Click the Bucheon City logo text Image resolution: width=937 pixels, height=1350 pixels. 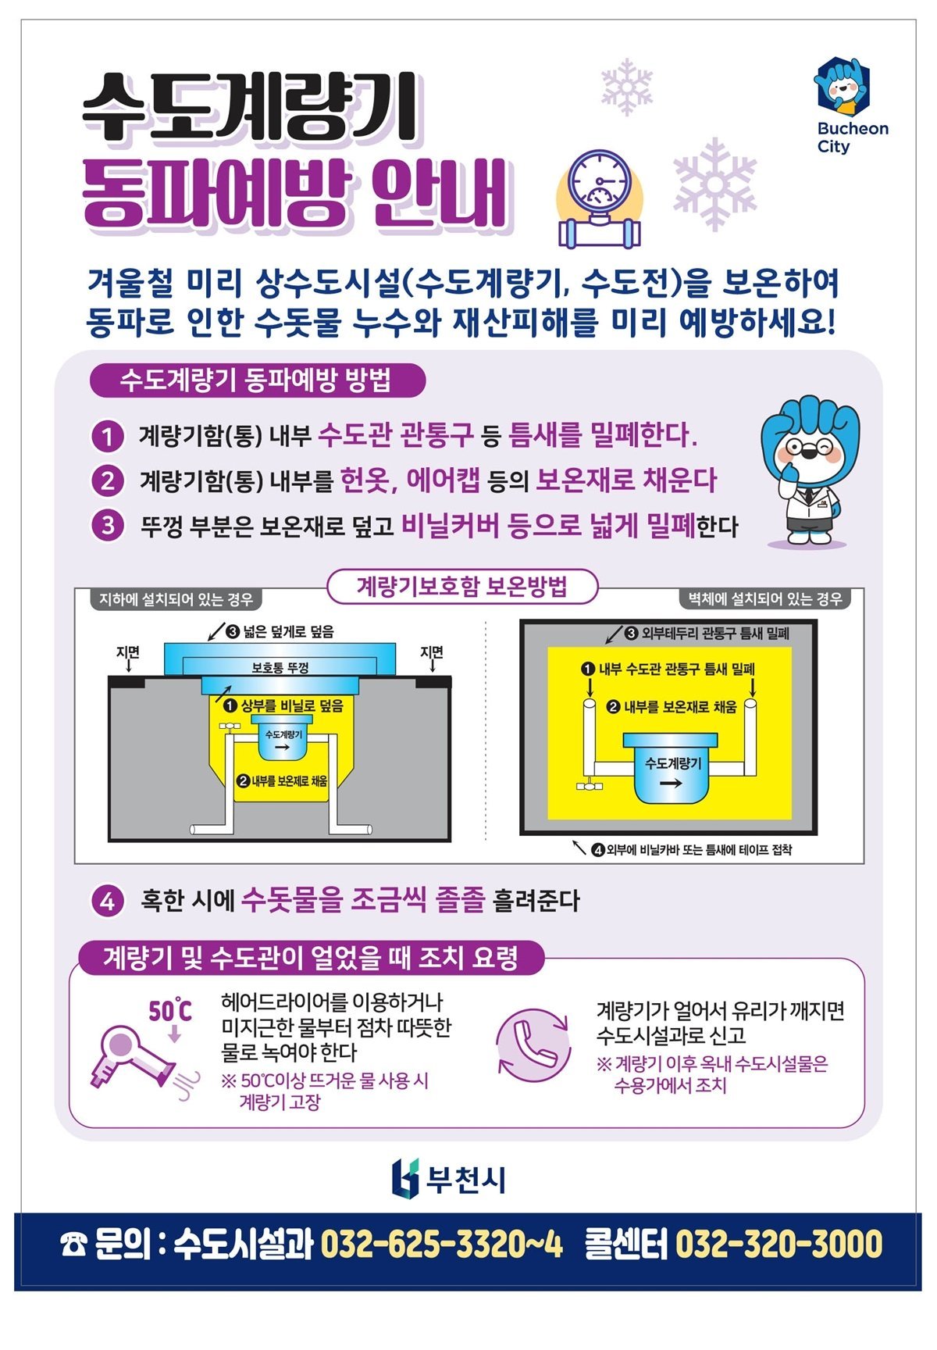853,137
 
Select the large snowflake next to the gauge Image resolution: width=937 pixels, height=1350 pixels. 714,184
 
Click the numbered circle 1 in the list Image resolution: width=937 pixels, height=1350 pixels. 107,436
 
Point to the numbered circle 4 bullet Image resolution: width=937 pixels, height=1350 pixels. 107,901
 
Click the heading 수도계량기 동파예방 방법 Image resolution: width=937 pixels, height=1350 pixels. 257,381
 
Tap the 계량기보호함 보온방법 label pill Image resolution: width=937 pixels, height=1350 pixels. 462,587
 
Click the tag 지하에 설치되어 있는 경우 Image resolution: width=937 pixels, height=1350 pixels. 176,599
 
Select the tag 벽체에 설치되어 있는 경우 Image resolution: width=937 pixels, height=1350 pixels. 764,599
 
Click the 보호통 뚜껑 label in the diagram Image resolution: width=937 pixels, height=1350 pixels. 280,668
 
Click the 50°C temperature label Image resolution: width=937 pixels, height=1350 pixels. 169,1011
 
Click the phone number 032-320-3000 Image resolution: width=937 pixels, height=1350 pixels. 778,1245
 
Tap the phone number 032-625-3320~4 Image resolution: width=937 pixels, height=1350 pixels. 441,1245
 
